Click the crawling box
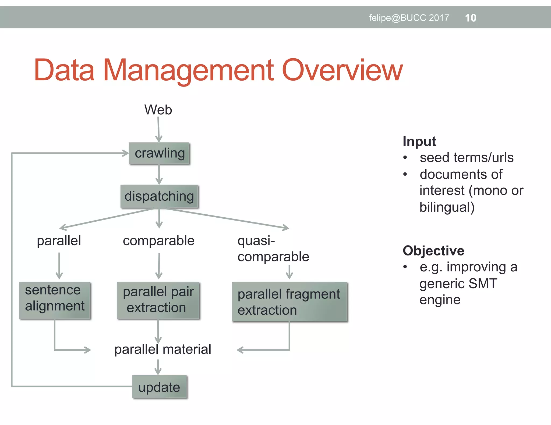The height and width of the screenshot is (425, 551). tap(159, 153)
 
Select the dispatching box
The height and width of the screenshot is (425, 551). tap(159, 196)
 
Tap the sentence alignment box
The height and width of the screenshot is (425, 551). tap(55, 300)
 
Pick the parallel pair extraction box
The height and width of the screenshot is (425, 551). tap(158, 300)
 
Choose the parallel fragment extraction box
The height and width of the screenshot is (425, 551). tap(289, 302)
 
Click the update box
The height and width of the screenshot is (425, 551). tap(159, 387)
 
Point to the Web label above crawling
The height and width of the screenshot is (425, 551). tap(158, 110)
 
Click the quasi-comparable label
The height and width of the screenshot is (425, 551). tap(273, 248)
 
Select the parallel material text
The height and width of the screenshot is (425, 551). tap(163, 349)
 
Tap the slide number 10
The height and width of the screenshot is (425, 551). tap(471, 18)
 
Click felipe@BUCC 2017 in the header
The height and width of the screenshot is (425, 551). tap(409, 18)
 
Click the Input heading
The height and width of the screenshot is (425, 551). tap(419, 141)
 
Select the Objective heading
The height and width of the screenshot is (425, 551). tap(433, 251)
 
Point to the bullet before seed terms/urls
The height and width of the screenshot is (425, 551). tap(405, 158)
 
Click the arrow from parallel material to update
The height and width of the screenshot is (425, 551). tap(158, 367)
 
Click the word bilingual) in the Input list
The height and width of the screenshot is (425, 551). tap(447, 207)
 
